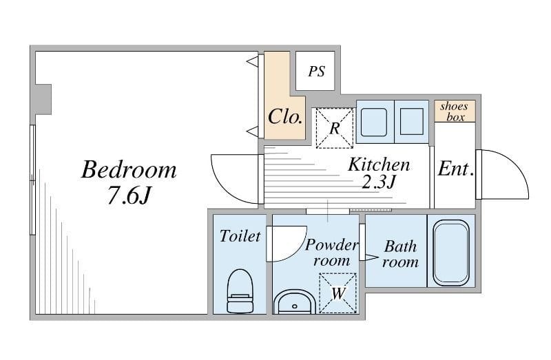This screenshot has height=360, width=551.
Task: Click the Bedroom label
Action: [129, 169]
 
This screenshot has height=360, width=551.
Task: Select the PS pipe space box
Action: [315, 71]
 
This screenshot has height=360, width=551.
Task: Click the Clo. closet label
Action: [284, 116]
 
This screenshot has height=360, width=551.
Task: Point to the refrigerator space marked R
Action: [335, 128]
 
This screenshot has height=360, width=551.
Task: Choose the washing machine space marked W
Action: [337, 293]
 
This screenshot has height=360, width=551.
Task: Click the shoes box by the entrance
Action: [455, 111]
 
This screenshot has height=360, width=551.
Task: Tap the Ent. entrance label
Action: [455, 169]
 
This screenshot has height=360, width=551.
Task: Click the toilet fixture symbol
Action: [240, 291]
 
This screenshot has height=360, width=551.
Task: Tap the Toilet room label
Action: [240, 236]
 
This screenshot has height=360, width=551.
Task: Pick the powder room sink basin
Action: [295, 302]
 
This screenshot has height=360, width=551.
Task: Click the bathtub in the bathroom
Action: [451, 253]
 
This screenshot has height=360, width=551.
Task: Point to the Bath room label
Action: [401, 254]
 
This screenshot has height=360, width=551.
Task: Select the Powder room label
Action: [332, 253]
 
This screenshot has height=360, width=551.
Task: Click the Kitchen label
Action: [379, 165]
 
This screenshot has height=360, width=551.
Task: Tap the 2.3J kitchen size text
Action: [379, 182]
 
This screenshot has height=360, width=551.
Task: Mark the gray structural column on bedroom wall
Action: [43, 99]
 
